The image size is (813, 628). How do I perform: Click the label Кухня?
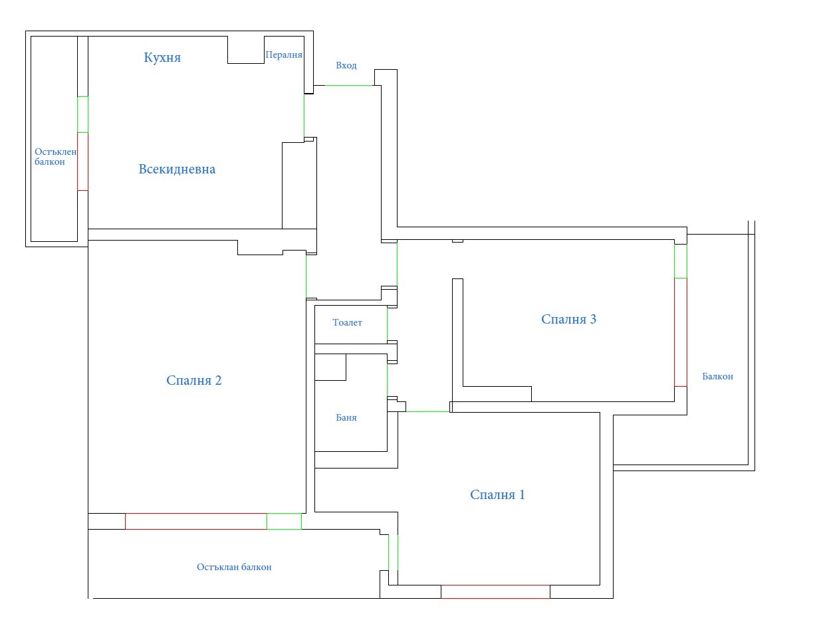162,58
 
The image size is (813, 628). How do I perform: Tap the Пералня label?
284,55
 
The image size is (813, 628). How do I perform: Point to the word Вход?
346,66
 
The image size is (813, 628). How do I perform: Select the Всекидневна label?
177,169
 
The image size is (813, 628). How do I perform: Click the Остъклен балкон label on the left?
55,157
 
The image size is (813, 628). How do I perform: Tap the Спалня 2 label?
193,381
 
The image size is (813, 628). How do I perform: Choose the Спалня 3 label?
568,320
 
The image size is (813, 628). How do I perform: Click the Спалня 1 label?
497,495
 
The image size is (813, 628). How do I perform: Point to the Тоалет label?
347,323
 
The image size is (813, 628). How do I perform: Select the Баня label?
346,418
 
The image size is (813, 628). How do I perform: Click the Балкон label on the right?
717,377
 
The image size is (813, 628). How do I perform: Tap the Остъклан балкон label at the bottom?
234,568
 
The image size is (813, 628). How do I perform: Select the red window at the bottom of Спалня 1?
495,591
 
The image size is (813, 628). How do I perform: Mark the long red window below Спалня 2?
195,521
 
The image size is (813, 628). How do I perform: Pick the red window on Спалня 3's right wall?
680,332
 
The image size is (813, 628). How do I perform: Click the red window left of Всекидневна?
82,161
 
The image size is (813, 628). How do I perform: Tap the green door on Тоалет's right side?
387,324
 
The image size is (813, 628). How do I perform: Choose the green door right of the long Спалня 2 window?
284,521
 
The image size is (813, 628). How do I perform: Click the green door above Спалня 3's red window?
680,261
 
